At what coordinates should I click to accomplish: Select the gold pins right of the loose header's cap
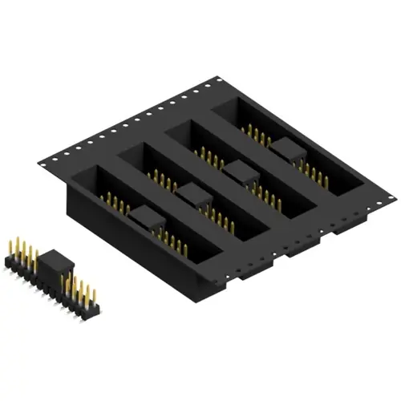(83, 293)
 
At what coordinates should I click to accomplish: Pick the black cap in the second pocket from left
(192, 192)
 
